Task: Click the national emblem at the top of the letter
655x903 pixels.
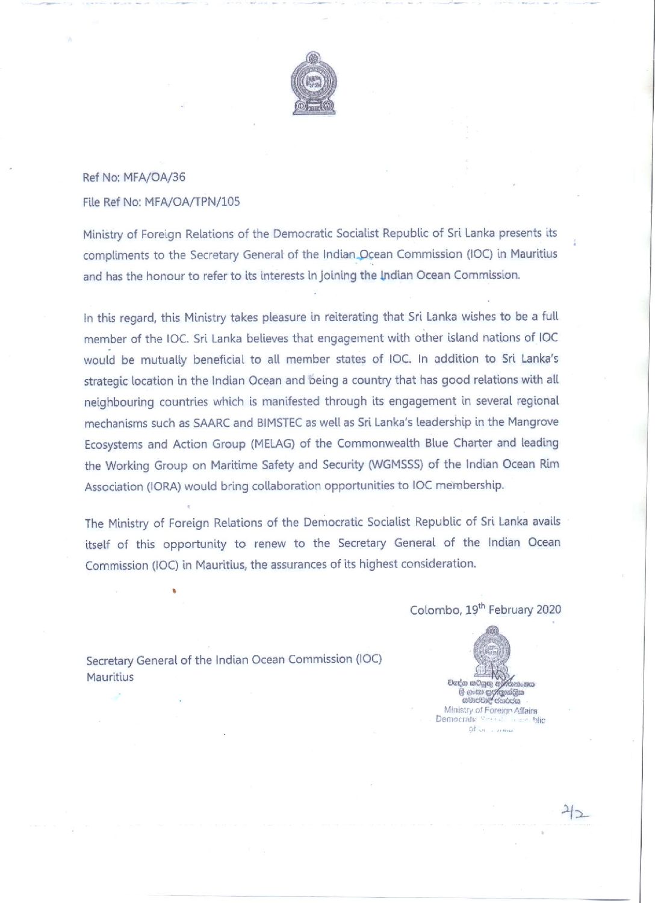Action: [313, 84]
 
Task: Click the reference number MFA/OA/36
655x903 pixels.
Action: [154, 177]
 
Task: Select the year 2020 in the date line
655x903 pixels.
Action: [548, 610]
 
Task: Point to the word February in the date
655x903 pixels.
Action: [511, 610]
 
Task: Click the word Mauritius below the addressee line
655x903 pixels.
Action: [110, 677]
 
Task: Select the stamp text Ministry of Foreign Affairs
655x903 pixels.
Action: [491, 710]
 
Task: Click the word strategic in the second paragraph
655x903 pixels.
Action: [106, 381]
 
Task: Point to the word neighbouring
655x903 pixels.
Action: [119, 402]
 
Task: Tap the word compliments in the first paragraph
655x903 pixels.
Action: [116, 255]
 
